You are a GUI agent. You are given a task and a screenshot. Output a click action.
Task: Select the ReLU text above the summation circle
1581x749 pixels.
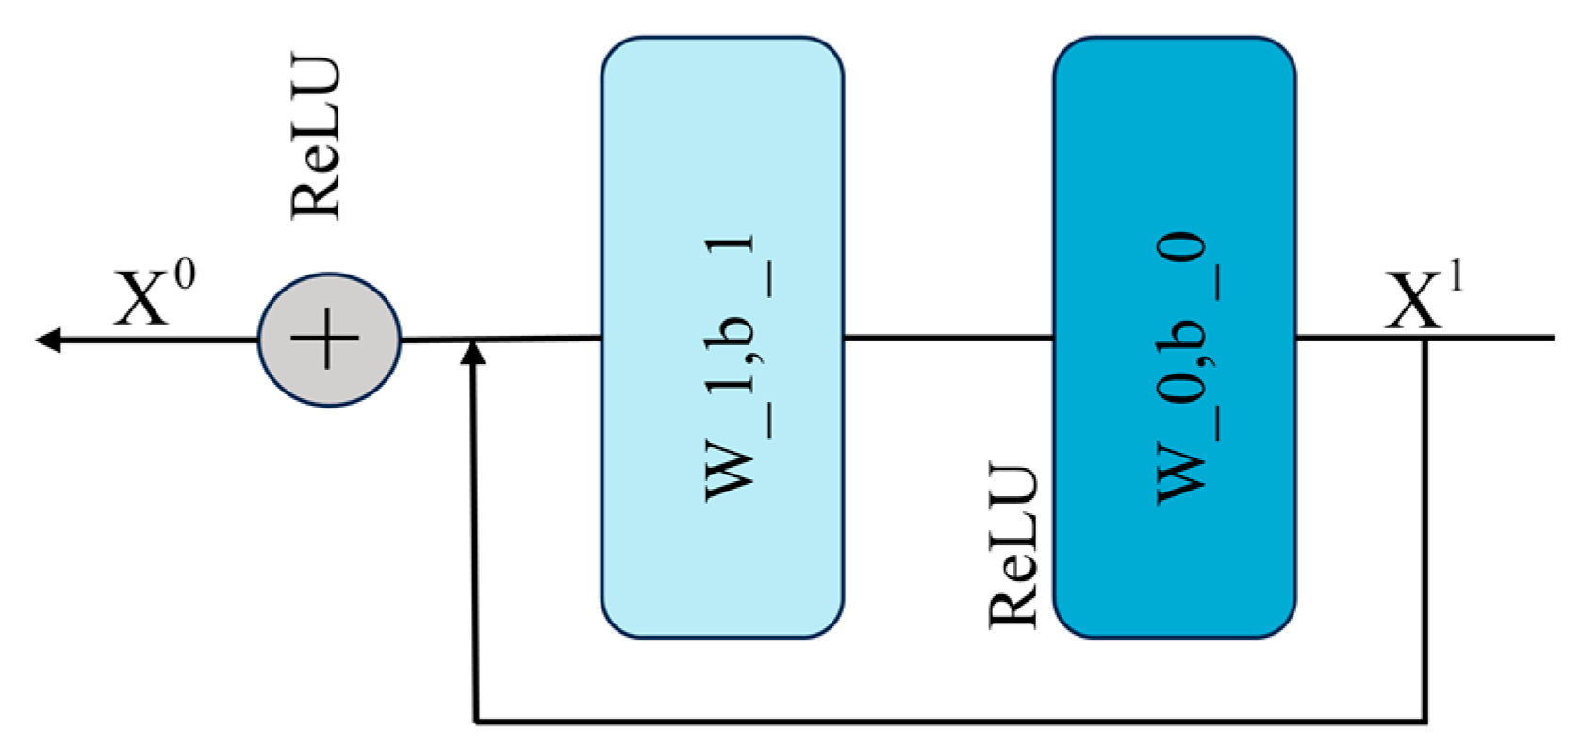coord(316,139)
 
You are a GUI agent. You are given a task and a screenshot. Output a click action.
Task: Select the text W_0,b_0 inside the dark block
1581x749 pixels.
coord(1180,368)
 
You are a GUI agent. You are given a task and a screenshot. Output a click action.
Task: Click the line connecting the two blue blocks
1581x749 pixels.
coord(947,337)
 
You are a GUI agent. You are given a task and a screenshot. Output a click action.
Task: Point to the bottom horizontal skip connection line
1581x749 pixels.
coord(943,723)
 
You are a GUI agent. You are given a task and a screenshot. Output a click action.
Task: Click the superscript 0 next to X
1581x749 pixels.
coord(185,276)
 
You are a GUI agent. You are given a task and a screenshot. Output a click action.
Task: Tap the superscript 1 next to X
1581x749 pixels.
coord(1456,278)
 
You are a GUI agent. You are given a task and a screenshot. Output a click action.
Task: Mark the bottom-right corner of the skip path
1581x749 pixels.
coord(1425,723)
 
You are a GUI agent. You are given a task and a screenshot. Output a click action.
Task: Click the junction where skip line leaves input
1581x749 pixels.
coord(1425,338)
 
